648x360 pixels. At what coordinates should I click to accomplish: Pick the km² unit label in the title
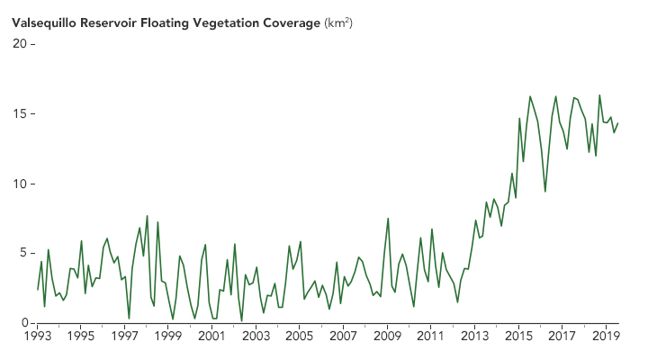tap(338, 22)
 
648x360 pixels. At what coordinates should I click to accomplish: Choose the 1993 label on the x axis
tap(37, 337)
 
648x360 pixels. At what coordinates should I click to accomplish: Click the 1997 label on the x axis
tap(124, 337)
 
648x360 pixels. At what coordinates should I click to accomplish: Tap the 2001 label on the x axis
tap(211, 337)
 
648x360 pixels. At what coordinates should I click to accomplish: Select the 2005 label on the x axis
tap(300, 337)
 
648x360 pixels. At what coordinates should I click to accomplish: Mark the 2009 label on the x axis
tap(387, 337)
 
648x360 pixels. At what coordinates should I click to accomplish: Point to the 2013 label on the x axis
tap(474, 337)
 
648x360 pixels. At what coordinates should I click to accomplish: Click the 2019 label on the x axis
tap(606, 337)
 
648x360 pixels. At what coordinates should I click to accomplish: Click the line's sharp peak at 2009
tap(388, 218)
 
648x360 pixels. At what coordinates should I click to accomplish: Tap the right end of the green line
tap(618, 123)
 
